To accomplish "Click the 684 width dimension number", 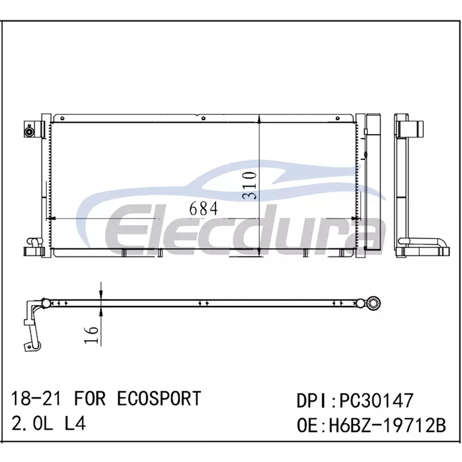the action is click(203, 208).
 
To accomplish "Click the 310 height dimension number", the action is click(249, 185).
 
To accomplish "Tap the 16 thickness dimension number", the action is click(91, 335).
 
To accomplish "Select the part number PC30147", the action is click(377, 400).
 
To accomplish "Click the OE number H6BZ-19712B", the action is click(387, 426).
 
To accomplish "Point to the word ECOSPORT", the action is click(159, 398).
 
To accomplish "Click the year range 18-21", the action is click(36, 398).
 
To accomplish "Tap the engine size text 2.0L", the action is click(32, 424).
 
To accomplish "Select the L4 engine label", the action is click(75, 424).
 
